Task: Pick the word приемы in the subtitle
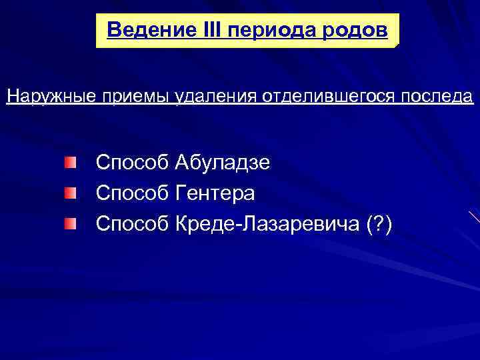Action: pyautogui.click(x=133, y=97)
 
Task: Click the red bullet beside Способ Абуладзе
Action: pyautogui.click(x=70, y=162)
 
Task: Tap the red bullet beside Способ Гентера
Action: pyautogui.click(x=70, y=193)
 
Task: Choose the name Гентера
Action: pyautogui.click(x=214, y=194)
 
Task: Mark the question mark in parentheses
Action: pyautogui.click(x=379, y=225)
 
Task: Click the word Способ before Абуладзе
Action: pyautogui.click(x=133, y=163)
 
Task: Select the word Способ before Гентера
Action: pyautogui.click(x=133, y=194)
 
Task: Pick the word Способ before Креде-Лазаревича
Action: pyautogui.click(x=133, y=225)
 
